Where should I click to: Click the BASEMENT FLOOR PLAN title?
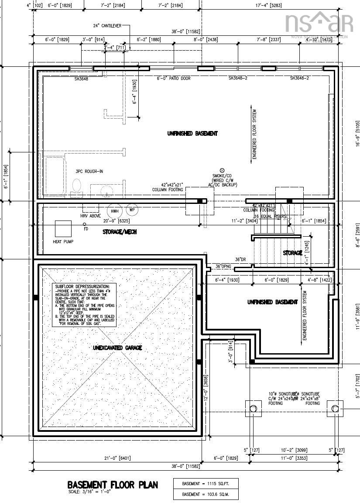point(113,485)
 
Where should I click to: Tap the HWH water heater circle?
point(115,211)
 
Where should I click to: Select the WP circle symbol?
point(132,210)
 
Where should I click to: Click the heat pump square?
point(63,229)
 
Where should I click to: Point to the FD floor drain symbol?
point(85,224)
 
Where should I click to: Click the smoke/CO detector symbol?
point(222,170)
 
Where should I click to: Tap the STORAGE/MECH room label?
point(120,232)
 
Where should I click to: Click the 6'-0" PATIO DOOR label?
point(174,79)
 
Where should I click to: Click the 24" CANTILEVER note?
point(107,26)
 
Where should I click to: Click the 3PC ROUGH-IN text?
point(89,171)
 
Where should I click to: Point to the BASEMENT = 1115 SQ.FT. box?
point(206,483)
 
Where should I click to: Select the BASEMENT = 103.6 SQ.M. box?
point(206,494)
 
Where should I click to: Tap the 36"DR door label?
point(241,260)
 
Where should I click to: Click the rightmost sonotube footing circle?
point(335,409)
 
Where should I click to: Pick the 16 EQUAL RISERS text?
point(271,217)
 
